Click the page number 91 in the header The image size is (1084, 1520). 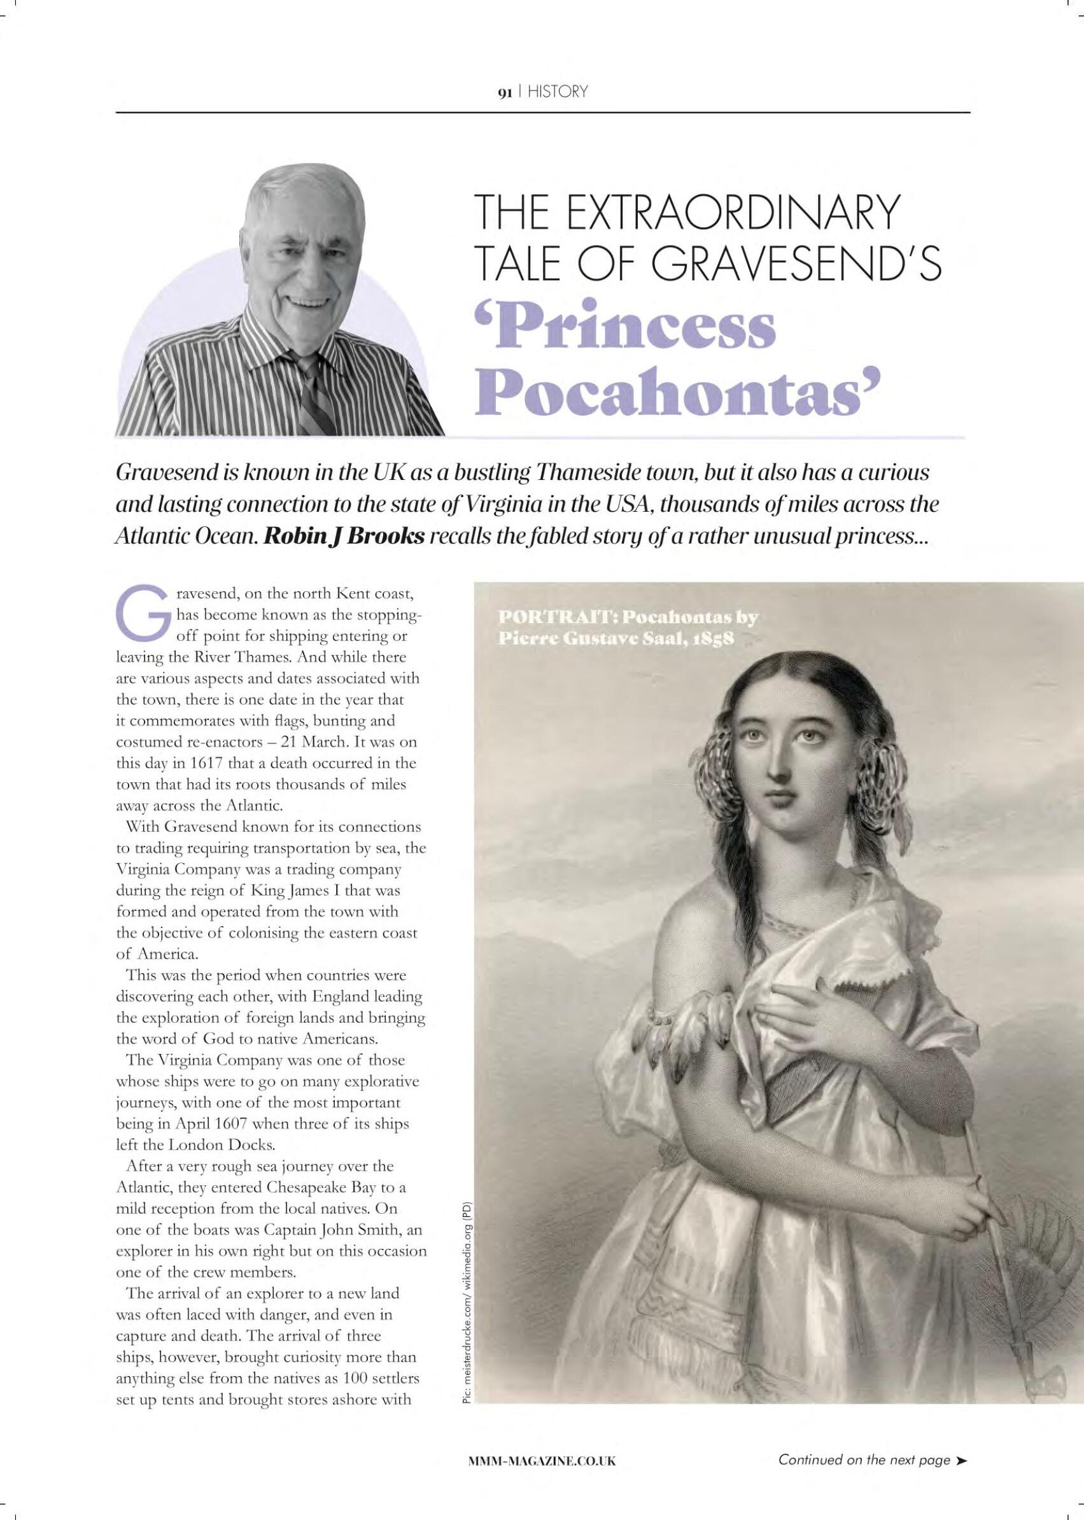[503, 92]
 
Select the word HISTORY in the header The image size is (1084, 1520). [557, 92]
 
